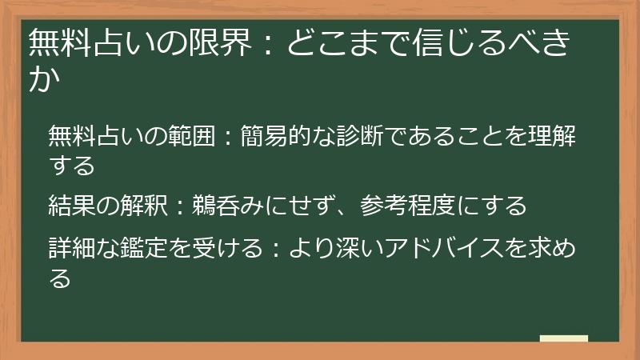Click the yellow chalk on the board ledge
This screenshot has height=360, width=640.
(563, 338)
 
